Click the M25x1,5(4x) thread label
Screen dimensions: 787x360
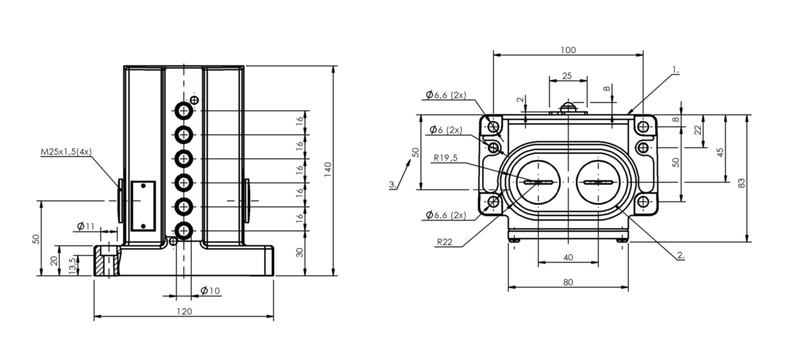66,152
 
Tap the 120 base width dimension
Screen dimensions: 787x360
184,312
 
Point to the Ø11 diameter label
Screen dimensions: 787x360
86,226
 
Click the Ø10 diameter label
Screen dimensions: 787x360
210,290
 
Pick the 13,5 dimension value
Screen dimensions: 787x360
72,266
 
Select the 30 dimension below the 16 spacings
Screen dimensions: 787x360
299,252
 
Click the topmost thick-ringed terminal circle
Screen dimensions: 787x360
184,111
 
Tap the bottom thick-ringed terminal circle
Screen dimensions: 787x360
184,231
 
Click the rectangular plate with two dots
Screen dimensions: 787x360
143,206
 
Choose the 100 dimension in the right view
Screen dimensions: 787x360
568,50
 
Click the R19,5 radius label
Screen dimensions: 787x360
445,158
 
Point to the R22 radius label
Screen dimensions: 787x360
444,242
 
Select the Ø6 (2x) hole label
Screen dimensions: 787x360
445,130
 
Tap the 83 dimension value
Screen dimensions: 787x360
741,183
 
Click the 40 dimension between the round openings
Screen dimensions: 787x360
568,258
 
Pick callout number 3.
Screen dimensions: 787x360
393,185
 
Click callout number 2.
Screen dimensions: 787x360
680,255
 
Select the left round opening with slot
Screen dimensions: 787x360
538,182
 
